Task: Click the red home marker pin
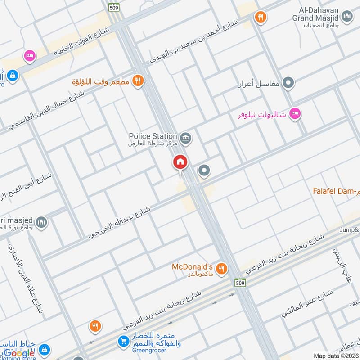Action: pyautogui.click(x=180, y=162)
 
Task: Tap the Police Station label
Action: pyautogui.click(x=153, y=136)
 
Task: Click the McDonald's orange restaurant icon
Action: pyautogui.click(x=221, y=269)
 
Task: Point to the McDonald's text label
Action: pyautogui.click(x=192, y=266)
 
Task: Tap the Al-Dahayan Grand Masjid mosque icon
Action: pyautogui.click(x=347, y=18)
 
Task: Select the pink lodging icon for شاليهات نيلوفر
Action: pyautogui.click(x=295, y=112)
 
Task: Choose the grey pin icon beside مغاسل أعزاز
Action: pyautogui.click(x=289, y=83)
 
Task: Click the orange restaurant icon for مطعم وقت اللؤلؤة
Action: pyautogui.click(x=139, y=81)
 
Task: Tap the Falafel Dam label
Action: pyautogui.click(x=336, y=191)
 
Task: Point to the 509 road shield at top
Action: pyautogui.click(x=113, y=7)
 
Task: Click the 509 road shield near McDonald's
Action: pyautogui.click(x=239, y=282)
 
